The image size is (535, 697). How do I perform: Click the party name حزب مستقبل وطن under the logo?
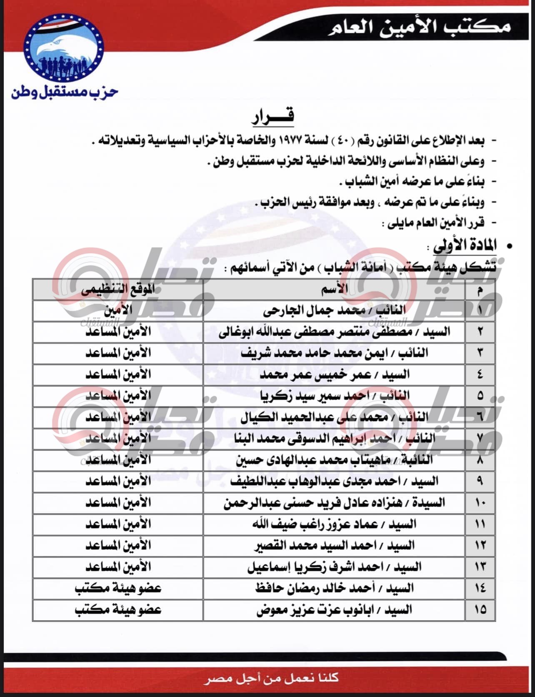click(65, 93)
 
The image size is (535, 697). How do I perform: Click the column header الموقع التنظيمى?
click(118, 290)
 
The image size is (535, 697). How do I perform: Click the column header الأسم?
click(335, 290)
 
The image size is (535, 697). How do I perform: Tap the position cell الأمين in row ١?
click(118, 311)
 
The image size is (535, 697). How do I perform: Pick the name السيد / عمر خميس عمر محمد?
click(335, 375)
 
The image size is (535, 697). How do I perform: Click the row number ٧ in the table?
click(480, 439)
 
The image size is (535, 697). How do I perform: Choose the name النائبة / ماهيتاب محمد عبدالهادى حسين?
click(334, 460)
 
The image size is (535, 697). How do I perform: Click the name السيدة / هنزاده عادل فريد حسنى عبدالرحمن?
click(334, 503)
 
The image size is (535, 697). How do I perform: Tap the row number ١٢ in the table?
click(480, 546)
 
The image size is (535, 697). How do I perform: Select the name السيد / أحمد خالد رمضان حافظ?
click(334, 588)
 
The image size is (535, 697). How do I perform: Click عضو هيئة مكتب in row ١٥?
click(118, 610)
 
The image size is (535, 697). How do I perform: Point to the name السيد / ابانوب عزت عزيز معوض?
click(334, 610)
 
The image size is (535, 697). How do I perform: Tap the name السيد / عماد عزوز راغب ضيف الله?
click(334, 524)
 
